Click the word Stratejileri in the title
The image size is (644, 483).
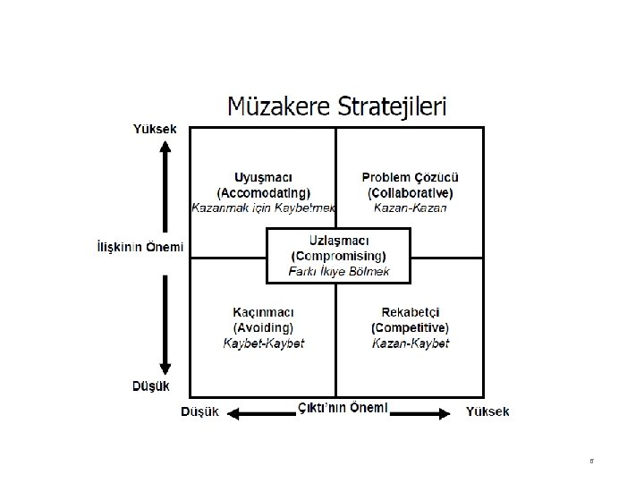click(394, 108)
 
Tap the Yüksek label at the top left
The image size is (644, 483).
click(155, 129)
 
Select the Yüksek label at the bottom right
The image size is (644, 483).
click(487, 411)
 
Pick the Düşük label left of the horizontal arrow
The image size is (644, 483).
click(199, 411)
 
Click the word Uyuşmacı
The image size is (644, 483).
click(263, 176)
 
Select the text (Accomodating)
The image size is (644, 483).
click(263, 191)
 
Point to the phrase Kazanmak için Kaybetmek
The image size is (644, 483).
click(263, 208)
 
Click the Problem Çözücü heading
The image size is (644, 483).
click(410, 176)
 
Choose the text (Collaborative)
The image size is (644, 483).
click(410, 191)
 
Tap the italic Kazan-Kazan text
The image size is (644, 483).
click(410, 208)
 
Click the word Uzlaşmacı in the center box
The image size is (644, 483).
click(338, 240)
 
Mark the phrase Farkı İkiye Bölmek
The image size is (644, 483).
click(338, 271)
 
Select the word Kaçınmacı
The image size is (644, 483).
click(263, 312)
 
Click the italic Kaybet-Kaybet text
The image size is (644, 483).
click(263, 343)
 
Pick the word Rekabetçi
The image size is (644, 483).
click(410, 312)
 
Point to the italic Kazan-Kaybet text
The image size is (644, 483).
click(410, 343)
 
